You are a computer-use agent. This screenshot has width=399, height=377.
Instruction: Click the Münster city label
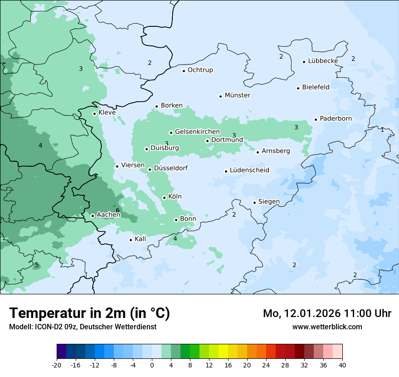(237, 95)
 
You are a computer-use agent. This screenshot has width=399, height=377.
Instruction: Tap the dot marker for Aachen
(92, 216)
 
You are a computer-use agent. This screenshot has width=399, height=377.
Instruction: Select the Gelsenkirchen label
(197, 132)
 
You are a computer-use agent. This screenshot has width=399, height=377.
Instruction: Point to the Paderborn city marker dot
(316, 119)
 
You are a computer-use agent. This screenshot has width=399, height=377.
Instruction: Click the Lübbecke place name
(323, 61)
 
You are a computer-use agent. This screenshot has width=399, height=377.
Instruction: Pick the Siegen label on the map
(269, 202)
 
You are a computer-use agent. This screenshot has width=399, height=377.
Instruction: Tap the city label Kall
(140, 239)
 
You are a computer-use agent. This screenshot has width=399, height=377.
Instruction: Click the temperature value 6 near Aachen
(117, 210)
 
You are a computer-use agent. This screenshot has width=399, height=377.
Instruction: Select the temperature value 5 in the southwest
(37, 265)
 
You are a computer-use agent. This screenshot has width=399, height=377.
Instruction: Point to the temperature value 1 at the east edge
(382, 130)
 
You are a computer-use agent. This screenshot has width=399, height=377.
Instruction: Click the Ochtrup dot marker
(184, 71)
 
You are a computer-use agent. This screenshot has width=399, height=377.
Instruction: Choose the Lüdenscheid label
(249, 170)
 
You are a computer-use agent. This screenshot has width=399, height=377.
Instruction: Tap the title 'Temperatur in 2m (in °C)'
(89, 313)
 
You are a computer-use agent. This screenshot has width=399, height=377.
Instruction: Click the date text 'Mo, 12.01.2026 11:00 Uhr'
(327, 313)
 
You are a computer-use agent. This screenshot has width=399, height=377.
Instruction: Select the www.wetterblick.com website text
(327, 327)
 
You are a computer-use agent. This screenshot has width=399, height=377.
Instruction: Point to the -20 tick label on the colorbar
(57, 365)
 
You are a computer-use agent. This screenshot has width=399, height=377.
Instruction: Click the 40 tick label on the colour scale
(342, 365)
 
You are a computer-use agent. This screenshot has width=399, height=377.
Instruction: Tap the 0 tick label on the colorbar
(152, 365)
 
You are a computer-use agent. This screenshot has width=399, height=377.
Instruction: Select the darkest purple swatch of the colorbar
(61, 352)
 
